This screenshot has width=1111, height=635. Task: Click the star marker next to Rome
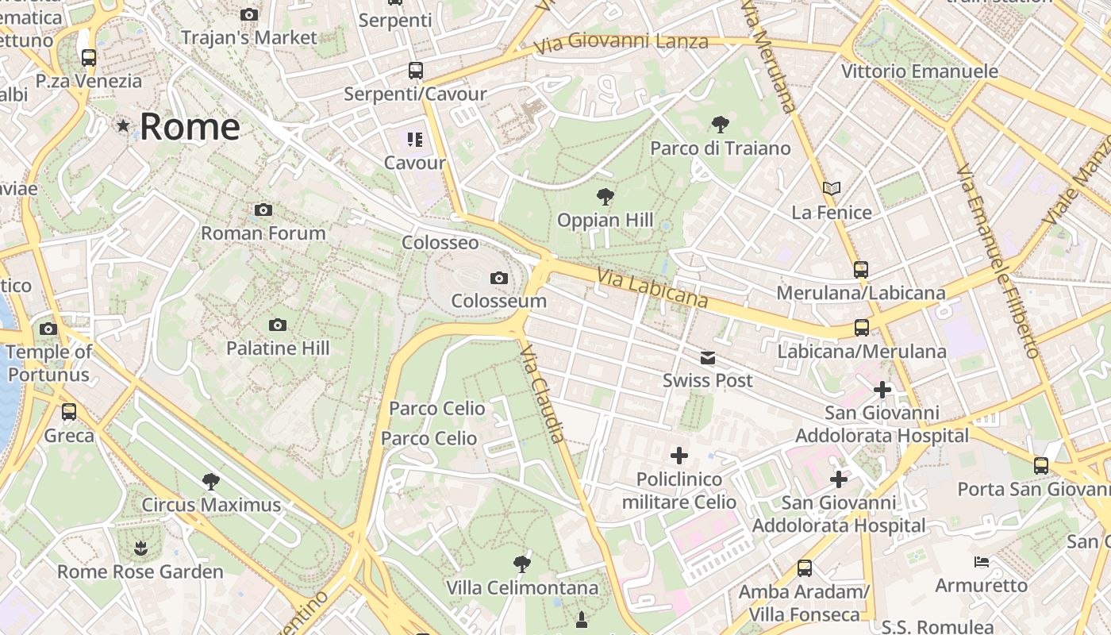pyautogui.click(x=123, y=125)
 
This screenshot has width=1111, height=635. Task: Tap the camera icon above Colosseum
pyautogui.click(x=498, y=278)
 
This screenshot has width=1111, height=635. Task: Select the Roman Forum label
pyautogui.click(x=263, y=233)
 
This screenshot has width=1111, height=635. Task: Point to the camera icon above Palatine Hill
pyautogui.click(x=277, y=325)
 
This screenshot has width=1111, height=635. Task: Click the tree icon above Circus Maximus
pyautogui.click(x=210, y=481)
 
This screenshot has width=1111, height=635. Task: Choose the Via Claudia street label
pyautogui.click(x=544, y=394)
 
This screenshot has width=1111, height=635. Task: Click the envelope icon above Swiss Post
pyautogui.click(x=707, y=358)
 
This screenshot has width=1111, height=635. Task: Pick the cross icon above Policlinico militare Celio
pyautogui.click(x=679, y=456)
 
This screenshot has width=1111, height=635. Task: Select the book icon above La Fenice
pyautogui.click(x=831, y=189)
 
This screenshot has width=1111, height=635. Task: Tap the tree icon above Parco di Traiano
pyautogui.click(x=721, y=124)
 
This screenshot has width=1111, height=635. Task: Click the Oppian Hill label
pyautogui.click(x=605, y=220)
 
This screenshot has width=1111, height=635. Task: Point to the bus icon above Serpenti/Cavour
pyautogui.click(x=415, y=70)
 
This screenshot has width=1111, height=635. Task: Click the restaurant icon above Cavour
pyautogui.click(x=414, y=140)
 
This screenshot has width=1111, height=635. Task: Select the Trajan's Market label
pyautogui.click(x=248, y=37)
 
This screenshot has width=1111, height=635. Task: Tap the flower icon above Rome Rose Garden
pyautogui.click(x=140, y=548)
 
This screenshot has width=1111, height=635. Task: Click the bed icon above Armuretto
pyautogui.click(x=982, y=562)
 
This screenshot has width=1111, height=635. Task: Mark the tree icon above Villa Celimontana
pyautogui.click(x=521, y=564)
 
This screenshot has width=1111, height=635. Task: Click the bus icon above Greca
pyautogui.click(x=69, y=411)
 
